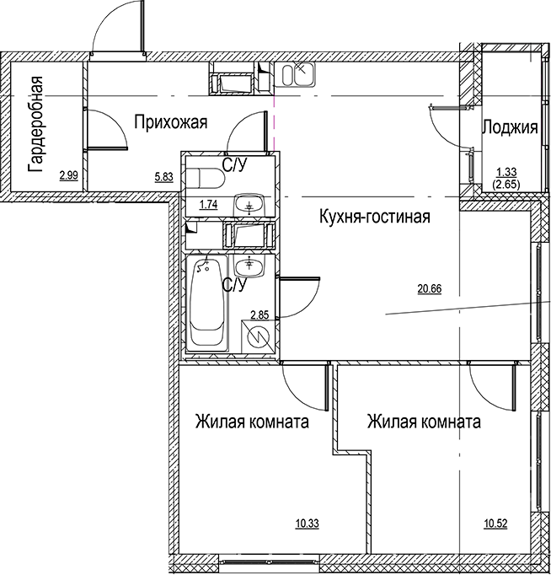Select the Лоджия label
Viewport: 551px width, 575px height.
click(x=510, y=128)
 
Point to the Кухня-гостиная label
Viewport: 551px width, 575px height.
click(x=376, y=218)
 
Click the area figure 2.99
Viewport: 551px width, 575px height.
click(x=69, y=176)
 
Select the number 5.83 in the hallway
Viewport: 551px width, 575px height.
click(x=164, y=176)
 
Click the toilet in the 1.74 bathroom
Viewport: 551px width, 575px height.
click(x=204, y=177)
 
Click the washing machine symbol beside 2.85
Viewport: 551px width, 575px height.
click(x=259, y=337)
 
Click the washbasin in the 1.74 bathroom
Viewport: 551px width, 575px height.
click(x=248, y=203)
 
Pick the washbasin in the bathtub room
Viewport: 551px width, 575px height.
click(x=249, y=267)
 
